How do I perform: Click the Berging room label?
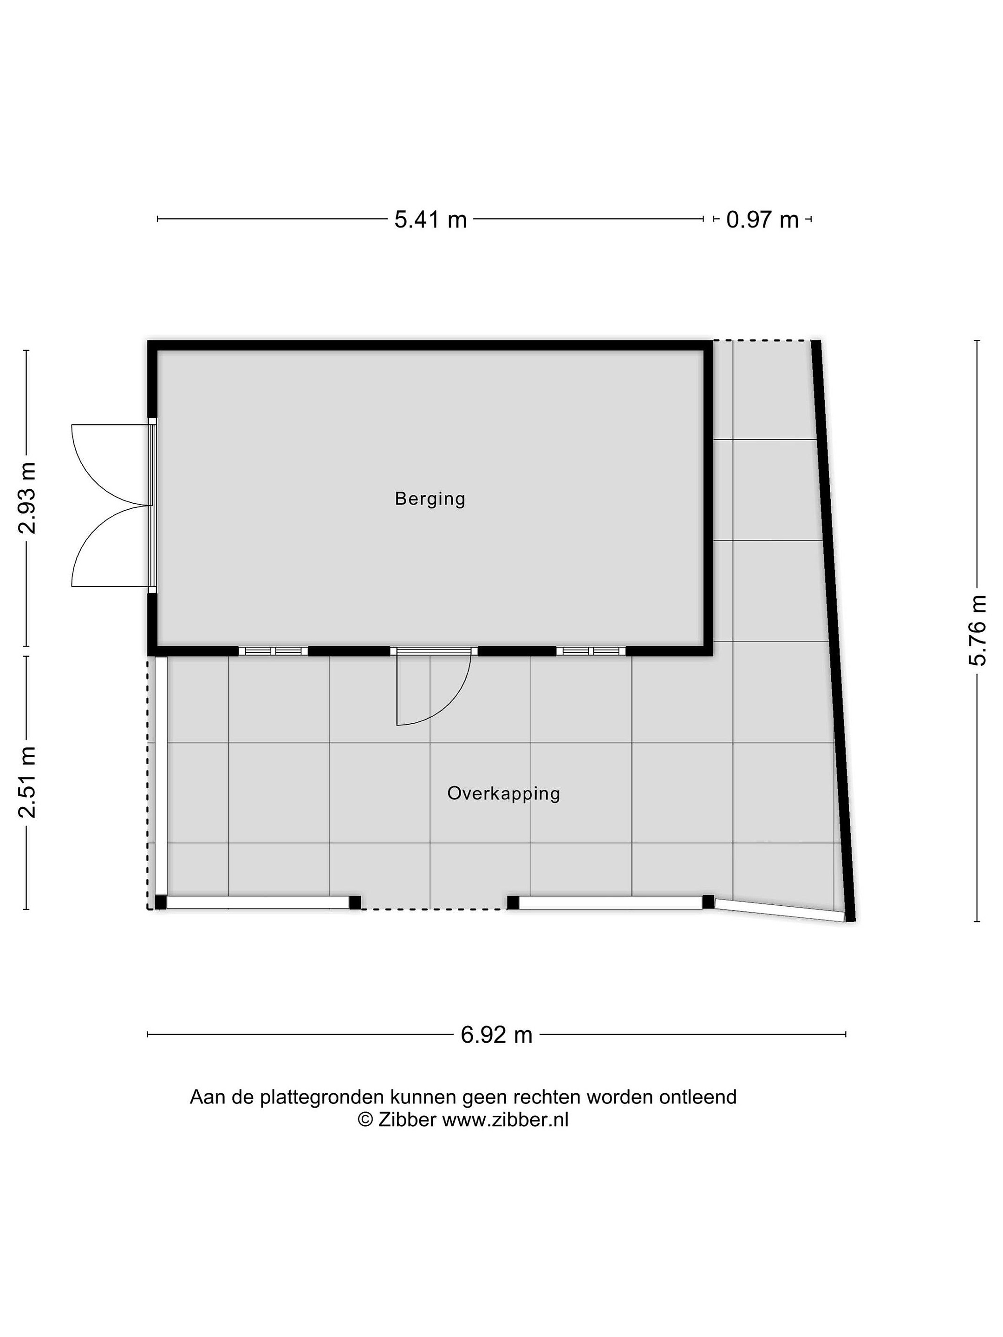coord(430,499)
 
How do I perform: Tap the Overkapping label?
coord(504,794)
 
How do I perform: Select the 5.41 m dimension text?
coord(430,220)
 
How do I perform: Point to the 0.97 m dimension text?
coord(762,220)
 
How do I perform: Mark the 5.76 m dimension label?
coord(977,630)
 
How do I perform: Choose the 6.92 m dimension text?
coord(496,1035)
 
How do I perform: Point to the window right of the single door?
coord(591,651)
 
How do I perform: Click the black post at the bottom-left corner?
coord(160,902)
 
